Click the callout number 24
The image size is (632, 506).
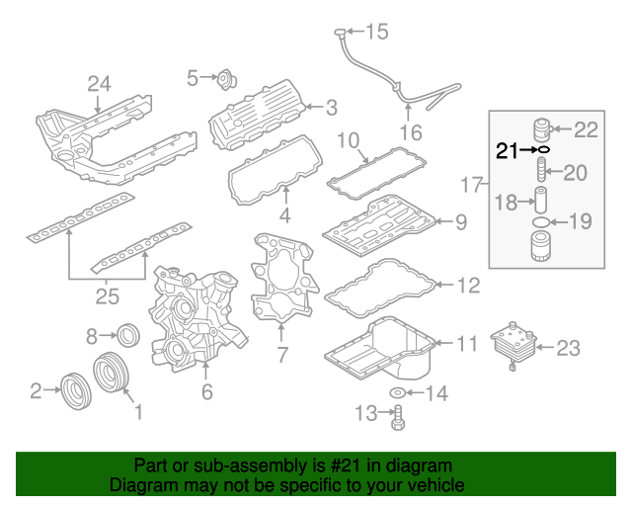[x=99, y=84]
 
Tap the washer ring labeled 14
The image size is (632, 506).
[x=397, y=394]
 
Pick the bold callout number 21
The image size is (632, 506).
[x=507, y=150]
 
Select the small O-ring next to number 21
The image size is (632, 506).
[x=543, y=150]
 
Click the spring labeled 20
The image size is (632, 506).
[x=541, y=174]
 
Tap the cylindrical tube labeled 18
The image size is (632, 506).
[x=541, y=202]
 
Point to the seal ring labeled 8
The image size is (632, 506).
[x=129, y=334]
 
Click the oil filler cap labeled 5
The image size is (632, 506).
[x=224, y=78]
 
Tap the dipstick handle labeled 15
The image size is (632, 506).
[x=340, y=34]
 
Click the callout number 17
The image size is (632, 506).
[x=473, y=185]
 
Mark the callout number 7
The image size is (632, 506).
[x=281, y=354]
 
